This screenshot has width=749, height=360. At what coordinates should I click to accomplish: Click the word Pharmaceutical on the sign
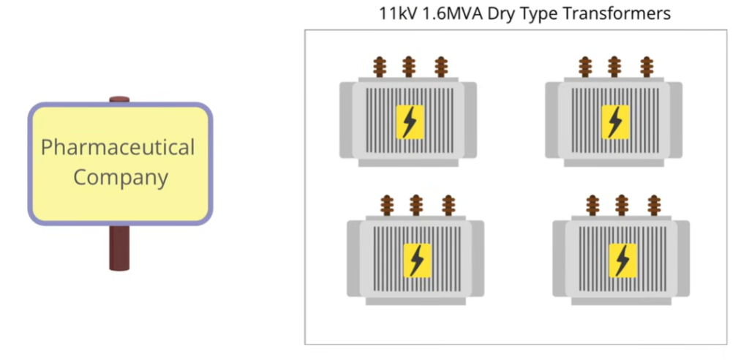[118, 148]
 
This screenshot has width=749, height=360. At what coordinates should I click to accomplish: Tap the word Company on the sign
[121, 177]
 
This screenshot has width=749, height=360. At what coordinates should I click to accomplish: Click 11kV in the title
[396, 13]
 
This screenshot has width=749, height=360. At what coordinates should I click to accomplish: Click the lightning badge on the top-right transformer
[615, 121]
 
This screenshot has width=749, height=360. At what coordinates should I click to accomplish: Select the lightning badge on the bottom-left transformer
[417, 260]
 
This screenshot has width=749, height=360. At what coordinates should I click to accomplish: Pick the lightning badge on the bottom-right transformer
[622, 260]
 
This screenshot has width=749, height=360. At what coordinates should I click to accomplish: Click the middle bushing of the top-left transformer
[410, 67]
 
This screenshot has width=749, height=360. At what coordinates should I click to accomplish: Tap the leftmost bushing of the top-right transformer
[584, 67]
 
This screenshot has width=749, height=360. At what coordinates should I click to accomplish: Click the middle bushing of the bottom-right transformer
[622, 205]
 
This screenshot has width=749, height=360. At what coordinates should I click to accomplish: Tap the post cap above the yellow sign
[119, 100]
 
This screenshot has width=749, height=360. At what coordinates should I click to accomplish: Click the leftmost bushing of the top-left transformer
[379, 67]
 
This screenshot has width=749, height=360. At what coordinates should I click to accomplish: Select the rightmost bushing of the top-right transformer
[646, 67]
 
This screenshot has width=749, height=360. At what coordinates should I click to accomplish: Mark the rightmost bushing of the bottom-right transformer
[653, 205]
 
